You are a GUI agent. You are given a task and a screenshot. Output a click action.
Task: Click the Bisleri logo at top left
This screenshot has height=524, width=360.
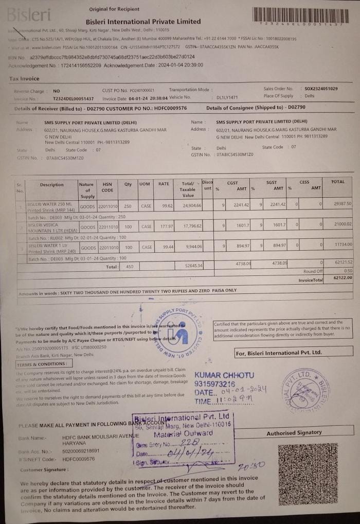[x=29, y=14]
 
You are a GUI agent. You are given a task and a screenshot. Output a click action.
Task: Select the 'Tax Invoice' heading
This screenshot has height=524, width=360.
[x=24, y=79]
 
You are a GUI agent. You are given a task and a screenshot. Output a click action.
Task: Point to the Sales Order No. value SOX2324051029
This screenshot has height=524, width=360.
[x=321, y=89]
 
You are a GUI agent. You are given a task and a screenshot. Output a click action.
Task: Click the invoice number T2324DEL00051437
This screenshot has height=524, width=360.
[x=74, y=98]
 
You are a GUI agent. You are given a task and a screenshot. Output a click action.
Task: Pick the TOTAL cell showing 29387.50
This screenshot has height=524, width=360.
[x=343, y=204]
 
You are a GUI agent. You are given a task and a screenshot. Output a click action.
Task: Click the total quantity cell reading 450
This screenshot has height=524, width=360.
[x=130, y=267]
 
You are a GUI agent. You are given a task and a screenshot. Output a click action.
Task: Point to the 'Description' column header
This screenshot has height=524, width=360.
[x=52, y=185]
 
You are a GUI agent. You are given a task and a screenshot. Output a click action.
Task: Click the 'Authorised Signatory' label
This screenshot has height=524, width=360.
[x=294, y=433]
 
